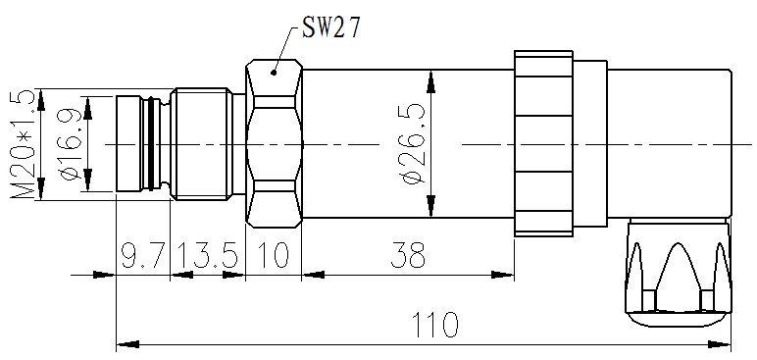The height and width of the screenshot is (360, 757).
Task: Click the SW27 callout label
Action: [x=331, y=27]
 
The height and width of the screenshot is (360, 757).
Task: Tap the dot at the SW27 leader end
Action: [x=274, y=73]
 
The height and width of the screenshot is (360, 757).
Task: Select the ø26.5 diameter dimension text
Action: [x=413, y=145]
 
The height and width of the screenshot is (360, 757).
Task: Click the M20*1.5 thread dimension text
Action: [x=23, y=144]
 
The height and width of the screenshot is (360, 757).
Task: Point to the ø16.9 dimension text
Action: [x=69, y=144]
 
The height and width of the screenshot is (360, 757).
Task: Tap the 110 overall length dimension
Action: [x=434, y=325]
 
